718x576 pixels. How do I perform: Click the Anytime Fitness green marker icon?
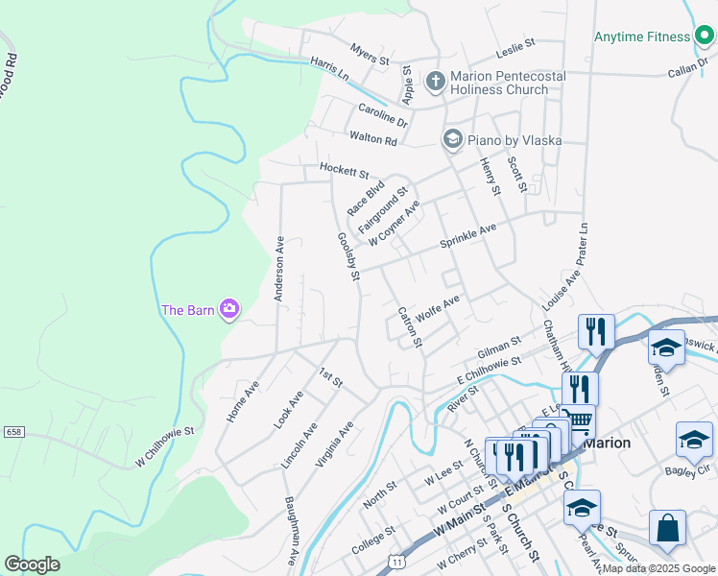click(x=706, y=36)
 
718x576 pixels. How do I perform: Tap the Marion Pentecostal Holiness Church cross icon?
click(x=435, y=81)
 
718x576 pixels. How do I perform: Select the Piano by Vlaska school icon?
click(x=452, y=139)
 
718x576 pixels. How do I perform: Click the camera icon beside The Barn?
click(x=229, y=308)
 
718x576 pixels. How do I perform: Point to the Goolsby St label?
click(x=347, y=256)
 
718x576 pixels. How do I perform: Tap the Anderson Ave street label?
click(x=278, y=270)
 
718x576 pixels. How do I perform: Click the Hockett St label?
click(x=344, y=173)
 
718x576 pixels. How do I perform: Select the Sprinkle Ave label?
click(x=467, y=235)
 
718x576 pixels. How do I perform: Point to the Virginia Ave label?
click(x=335, y=444)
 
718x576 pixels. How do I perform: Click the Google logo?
click(x=32, y=564)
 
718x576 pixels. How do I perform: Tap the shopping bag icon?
click(x=667, y=529)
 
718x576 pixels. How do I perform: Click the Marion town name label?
click(x=607, y=443)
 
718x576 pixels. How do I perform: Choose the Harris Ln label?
click(x=329, y=66)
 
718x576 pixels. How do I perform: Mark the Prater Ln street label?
click(x=582, y=247)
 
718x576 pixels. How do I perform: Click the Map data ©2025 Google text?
click(x=658, y=568)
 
